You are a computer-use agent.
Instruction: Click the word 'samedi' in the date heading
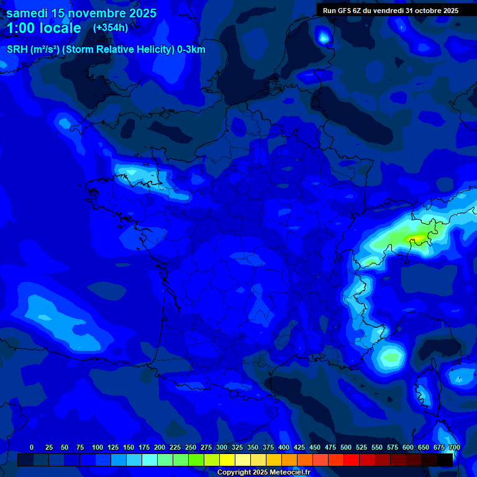pos(27,13)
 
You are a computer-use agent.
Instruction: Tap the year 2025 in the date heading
pos(140,13)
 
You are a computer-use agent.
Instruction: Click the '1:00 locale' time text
pos(43,28)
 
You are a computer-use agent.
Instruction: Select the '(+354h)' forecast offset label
pos(111,27)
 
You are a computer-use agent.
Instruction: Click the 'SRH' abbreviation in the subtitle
pos(17,50)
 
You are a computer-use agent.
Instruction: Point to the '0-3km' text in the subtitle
pos(191,50)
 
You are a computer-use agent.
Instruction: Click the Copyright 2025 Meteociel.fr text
pos(263,473)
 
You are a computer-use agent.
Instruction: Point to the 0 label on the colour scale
pos(32,447)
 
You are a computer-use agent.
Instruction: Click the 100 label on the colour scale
pos(98,447)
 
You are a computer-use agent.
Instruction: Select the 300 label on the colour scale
pos(222,447)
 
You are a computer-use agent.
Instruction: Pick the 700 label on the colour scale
pos(454,447)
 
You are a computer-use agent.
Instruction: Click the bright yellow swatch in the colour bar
pos(227,460)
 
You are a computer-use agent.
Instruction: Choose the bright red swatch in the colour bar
pos(352,460)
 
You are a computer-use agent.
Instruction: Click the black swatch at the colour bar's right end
pos(445,460)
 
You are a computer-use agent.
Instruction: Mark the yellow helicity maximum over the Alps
pos(415,238)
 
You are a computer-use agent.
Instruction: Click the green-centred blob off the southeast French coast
pos(391,357)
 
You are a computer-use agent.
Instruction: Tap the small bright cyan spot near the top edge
pos(324,38)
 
